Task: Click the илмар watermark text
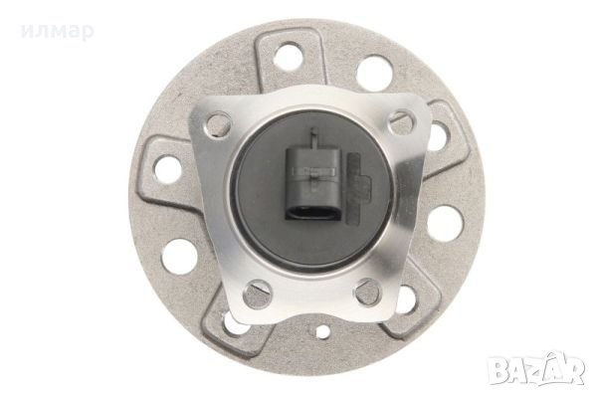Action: pos(57,31)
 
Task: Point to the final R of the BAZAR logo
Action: pos(574,370)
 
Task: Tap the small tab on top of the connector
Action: pos(314,138)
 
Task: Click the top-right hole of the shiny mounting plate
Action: pos(401,121)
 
